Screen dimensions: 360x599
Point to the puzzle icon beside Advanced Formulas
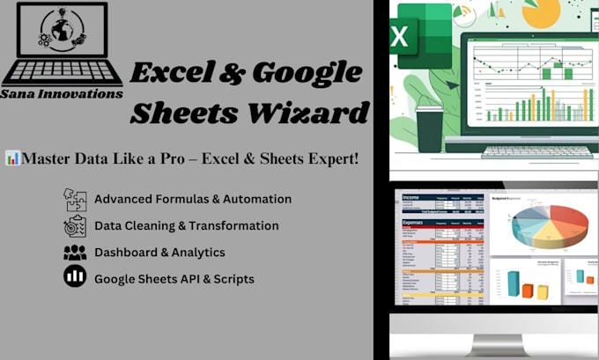click(x=75, y=200)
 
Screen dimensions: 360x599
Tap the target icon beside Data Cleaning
click(x=75, y=226)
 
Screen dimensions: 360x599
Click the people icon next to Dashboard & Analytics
click(x=75, y=253)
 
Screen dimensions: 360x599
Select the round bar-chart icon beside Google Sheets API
click(x=75, y=277)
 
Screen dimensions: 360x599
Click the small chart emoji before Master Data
click(x=13, y=158)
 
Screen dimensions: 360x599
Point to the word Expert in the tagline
click(x=328, y=158)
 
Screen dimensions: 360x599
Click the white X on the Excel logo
click(x=399, y=38)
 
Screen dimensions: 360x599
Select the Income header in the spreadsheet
click(x=411, y=198)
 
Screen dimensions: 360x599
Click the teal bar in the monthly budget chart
click(x=512, y=283)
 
